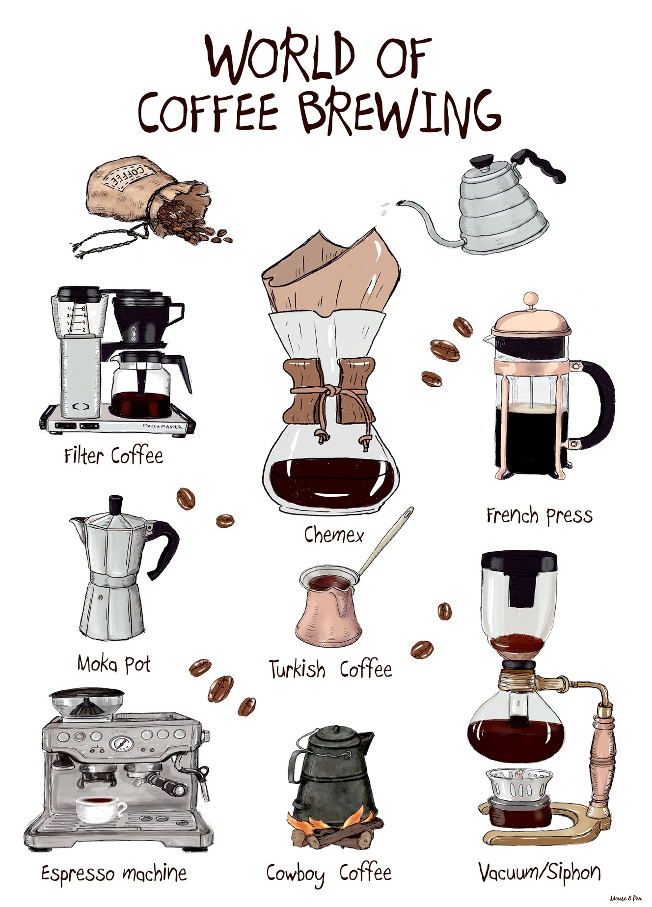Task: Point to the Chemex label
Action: tap(334, 535)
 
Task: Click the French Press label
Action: tap(539, 516)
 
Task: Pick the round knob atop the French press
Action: tap(530, 299)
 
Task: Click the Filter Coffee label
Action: tap(113, 456)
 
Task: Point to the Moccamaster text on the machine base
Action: tap(163, 426)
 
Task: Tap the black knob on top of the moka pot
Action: tap(116, 505)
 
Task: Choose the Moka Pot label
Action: tap(114, 664)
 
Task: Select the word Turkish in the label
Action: tap(297, 669)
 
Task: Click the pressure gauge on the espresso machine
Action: tap(120, 743)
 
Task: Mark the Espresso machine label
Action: tap(114, 874)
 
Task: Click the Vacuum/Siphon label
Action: tap(540, 872)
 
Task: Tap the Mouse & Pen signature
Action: tap(625, 898)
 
